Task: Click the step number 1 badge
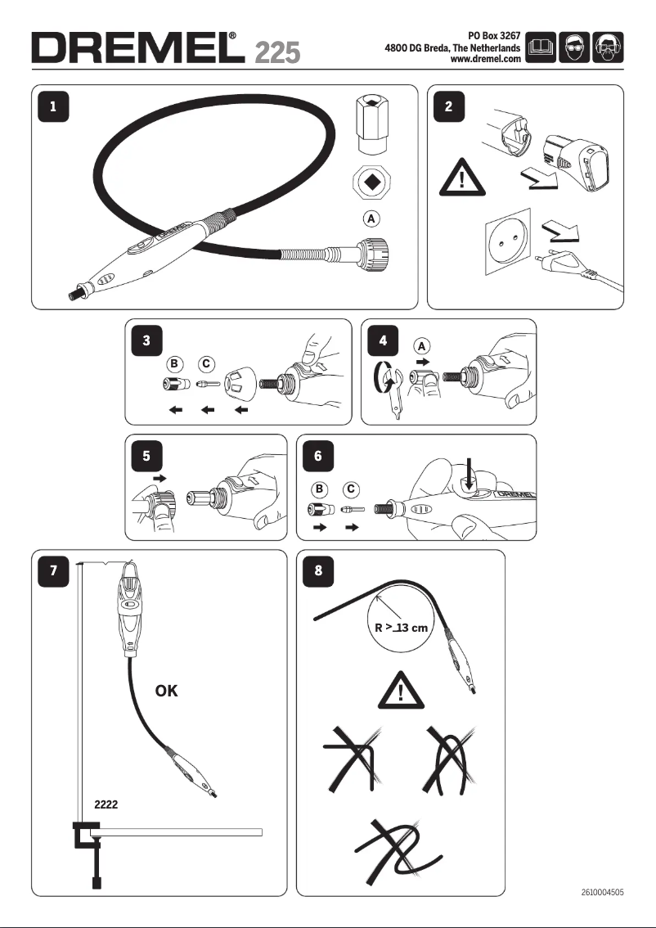[53, 106]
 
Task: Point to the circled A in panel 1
[371, 219]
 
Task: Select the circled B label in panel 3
[173, 363]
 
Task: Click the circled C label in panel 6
[351, 489]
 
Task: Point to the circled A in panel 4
[421, 346]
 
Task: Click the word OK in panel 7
[166, 691]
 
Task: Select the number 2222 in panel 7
[106, 804]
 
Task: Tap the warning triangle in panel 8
[401, 693]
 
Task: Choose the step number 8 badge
[318, 571]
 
